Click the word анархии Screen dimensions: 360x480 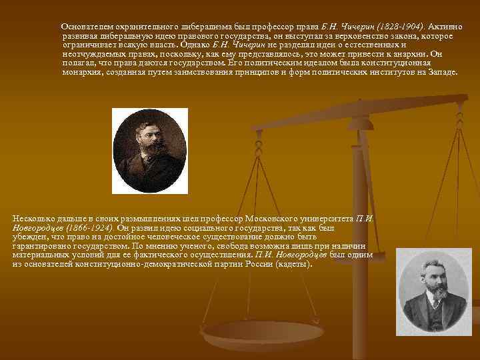[x=406, y=53]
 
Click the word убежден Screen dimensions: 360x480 [x=28, y=236]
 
